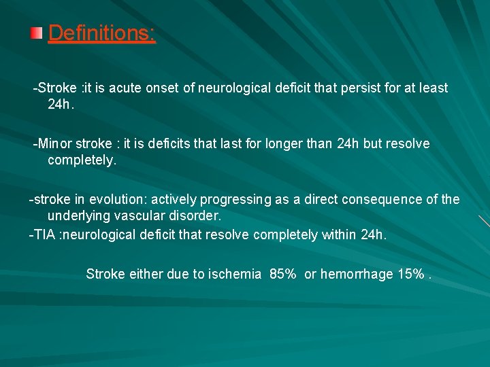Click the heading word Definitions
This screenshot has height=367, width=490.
pos(101,33)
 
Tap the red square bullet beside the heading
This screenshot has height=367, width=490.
pos(37,33)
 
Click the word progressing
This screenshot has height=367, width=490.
pos(233,200)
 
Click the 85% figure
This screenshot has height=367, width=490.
pos(282,275)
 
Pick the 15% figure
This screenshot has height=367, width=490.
pos(411,275)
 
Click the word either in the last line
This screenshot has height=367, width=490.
pos(145,275)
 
